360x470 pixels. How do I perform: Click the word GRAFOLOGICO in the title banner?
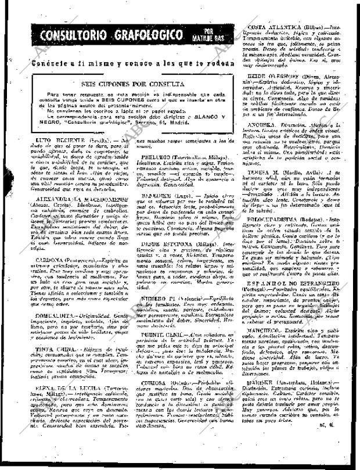coord(152,35)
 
